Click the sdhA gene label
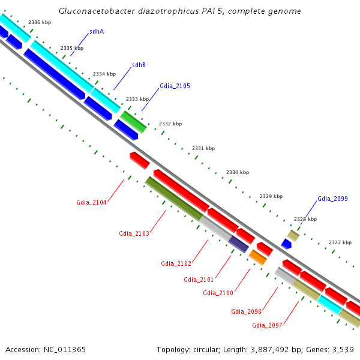pos(96,31)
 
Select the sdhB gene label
pos(139,65)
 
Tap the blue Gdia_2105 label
pos(175,86)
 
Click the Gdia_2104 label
pos(91,202)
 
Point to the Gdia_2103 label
pos(134,233)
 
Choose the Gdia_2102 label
pos(176,263)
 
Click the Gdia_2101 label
pos(199,280)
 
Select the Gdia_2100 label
pos(218,293)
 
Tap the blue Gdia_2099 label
pos(332,199)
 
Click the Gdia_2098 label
pos(246,311)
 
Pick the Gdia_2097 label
pos(267,325)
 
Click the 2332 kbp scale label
pos(170,124)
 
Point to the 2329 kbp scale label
pos(271,196)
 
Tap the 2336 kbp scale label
pos(40,22)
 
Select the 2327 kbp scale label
pos(340,242)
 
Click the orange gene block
pos(257,257)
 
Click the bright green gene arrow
pos(134,121)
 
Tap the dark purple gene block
pos(238,244)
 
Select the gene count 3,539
pos(341,349)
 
